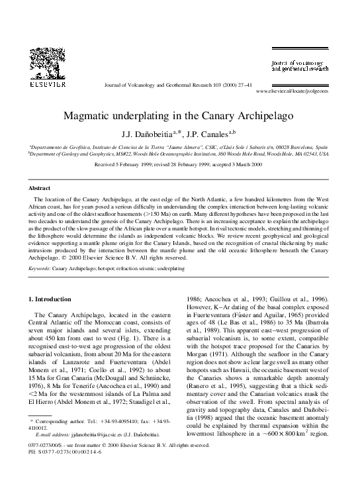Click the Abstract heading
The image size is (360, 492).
40,188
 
